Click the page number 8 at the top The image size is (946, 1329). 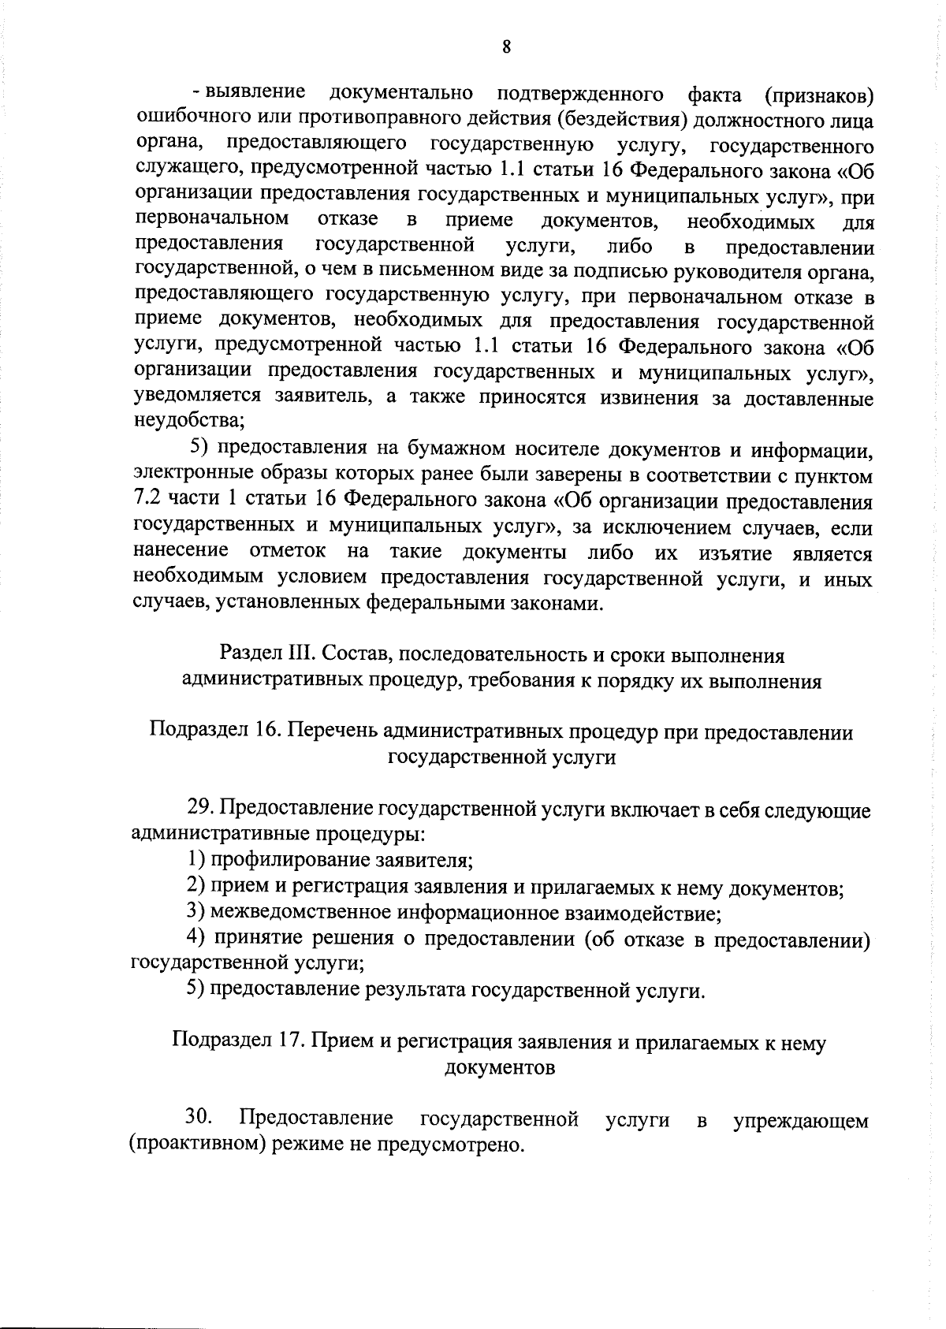point(506,47)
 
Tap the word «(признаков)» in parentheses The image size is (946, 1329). point(819,96)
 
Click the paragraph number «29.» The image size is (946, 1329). point(201,810)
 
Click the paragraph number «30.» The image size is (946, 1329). point(199,1117)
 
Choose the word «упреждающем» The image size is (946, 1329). point(800,1121)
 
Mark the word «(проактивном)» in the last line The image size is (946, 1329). point(197,1145)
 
